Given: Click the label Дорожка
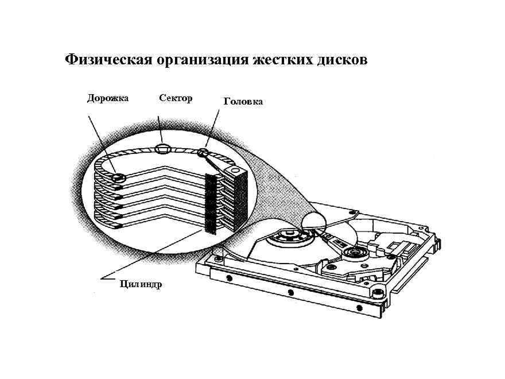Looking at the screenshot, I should [108, 98].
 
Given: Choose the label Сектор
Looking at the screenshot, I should [176, 98].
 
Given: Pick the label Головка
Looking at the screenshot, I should [243, 102].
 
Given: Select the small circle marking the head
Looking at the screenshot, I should [202, 153].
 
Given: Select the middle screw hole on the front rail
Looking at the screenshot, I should [290, 293].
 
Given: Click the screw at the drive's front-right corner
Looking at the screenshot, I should [377, 293].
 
